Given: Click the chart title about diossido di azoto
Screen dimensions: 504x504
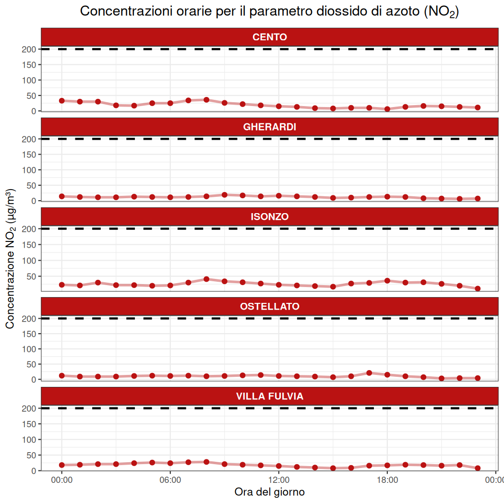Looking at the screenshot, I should point(269,12).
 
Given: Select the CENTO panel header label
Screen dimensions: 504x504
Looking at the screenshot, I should point(269,37).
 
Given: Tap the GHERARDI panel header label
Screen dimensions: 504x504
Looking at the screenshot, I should point(269,127).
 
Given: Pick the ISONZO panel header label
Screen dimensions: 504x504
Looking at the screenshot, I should point(269,217).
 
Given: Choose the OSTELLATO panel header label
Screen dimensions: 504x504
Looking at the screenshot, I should point(269,306).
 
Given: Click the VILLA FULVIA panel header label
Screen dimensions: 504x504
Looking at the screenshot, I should point(269,396).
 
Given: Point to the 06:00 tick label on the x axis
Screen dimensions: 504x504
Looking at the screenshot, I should point(170,480).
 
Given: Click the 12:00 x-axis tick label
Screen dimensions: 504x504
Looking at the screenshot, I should point(278,480).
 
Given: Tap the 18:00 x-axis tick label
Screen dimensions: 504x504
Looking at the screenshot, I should point(387,480).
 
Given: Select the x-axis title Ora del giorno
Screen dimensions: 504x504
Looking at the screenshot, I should point(269,492).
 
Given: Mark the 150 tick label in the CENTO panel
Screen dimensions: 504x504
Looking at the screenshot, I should point(29,65).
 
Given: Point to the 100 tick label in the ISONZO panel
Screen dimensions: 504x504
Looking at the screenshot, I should point(29,260).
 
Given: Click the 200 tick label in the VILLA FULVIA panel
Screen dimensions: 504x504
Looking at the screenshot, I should point(29,408).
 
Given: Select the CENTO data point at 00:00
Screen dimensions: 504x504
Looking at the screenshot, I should point(61,101).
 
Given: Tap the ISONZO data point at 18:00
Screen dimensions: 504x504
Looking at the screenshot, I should point(387,281).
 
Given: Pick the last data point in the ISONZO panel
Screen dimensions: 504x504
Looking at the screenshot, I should point(478,288).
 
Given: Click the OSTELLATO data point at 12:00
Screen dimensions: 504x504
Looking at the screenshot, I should point(278,376).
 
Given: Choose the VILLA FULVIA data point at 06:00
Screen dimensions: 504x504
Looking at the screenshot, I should point(170,463).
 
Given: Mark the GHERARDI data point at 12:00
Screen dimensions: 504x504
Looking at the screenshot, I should point(278,196).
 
